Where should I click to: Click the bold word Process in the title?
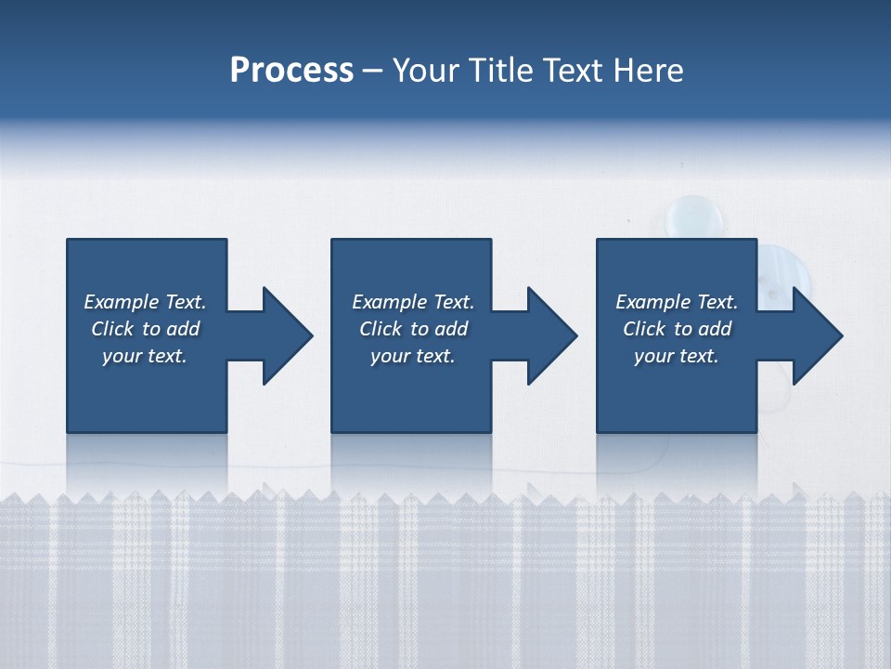pyautogui.click(x=291, y=71)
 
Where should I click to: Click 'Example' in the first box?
pyautogui.click(x=121, y=302)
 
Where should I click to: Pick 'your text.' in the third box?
pyautogui.click(x=676, y=356)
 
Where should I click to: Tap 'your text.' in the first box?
pyautogui.click(x=144, y=356)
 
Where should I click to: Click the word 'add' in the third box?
pyautogui.click(x=716, y=329)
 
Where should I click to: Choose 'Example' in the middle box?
pyautogui.click(x=389, y=302)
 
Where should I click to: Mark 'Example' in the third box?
pyautogui.click(x=652, y=302)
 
